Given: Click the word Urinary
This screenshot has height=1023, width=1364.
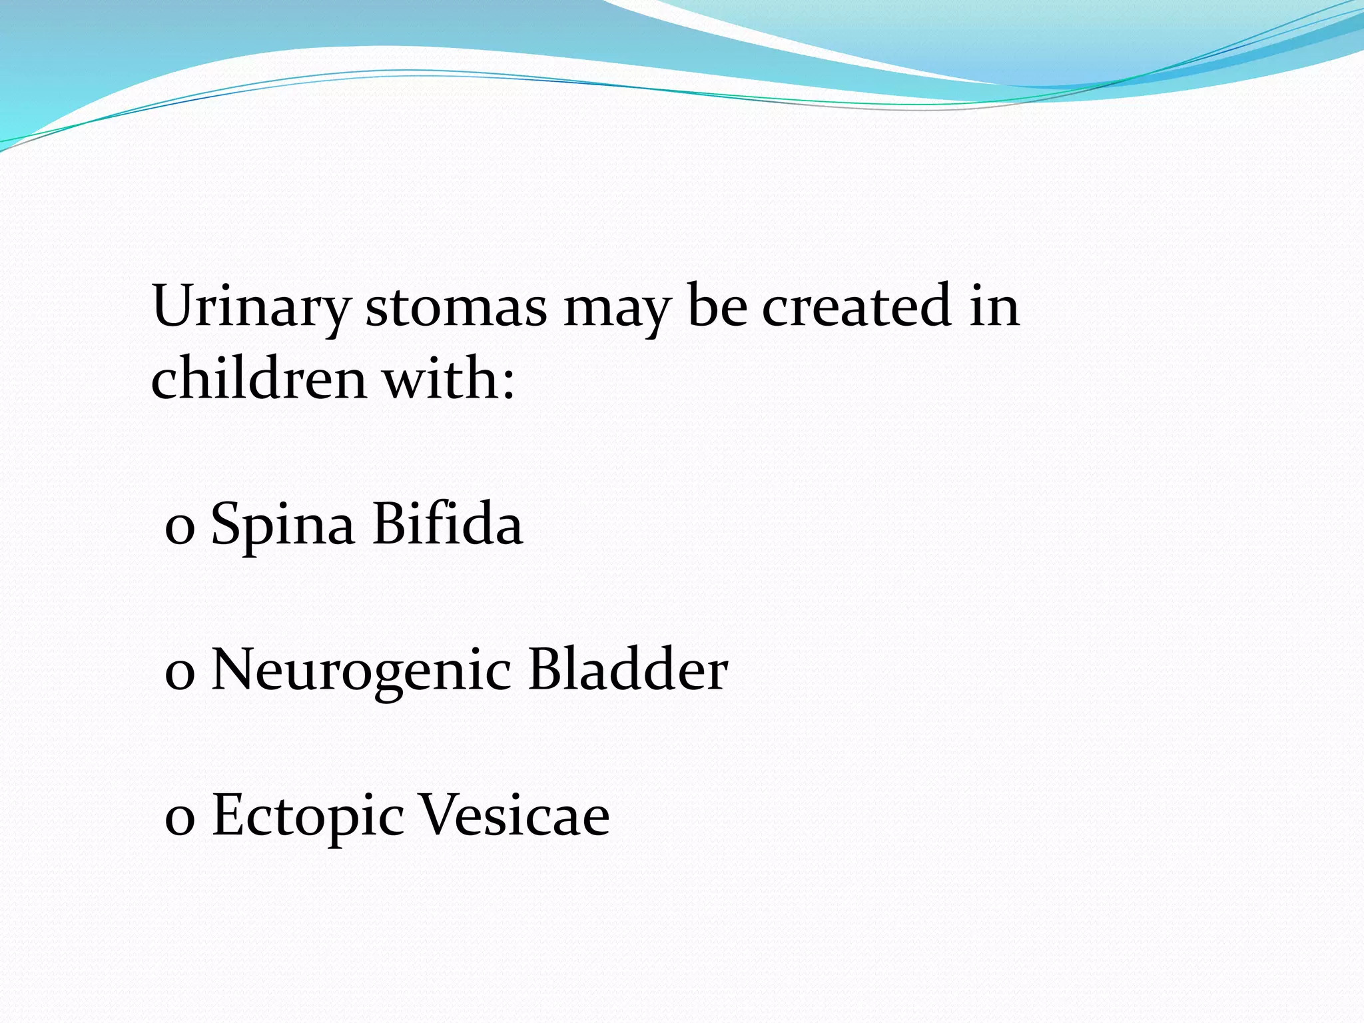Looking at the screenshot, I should coord(251,308).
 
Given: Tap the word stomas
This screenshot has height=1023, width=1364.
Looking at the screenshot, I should coord(456,308).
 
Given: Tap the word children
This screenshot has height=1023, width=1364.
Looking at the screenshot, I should coord(258,378).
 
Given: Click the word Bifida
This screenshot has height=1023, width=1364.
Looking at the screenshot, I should coord(448,523).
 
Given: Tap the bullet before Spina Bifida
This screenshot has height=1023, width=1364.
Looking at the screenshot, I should coord(179,531).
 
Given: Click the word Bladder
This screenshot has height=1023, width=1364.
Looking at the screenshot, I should coord(628,669).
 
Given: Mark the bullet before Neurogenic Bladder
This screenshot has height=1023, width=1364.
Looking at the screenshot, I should coord(179,676).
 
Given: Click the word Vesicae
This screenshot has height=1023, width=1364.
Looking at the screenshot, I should coord(515,815).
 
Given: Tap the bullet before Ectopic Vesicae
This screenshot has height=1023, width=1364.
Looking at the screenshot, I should coord(179,821).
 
